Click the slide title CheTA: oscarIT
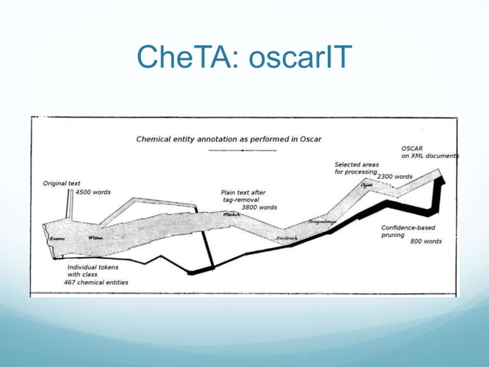point(244,55)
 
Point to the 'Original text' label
point(61,183)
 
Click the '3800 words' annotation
point(259,207)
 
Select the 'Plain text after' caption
point(243,192)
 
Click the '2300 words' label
point(394,177)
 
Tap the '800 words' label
point(425,242)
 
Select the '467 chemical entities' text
point(97,282)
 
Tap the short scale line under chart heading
point(243,151)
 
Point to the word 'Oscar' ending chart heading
point(310,139)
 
